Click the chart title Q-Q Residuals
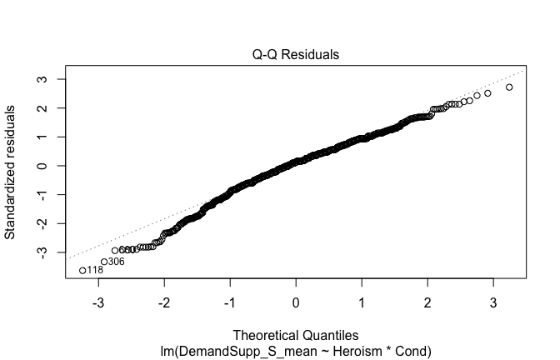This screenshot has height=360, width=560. (296, 54)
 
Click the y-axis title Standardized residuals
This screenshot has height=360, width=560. (12, 172)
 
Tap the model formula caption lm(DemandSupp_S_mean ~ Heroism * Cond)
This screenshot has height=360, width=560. (296, 347)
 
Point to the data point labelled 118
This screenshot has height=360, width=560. (82, 270)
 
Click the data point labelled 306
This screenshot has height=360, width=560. (104, 262)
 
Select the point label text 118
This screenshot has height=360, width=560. (95, 271)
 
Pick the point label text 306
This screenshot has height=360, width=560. (117, 262)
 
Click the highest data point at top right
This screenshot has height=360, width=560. (509, 87)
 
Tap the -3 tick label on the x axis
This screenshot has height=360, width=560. (97, 300)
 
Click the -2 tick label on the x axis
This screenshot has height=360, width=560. (163, 300)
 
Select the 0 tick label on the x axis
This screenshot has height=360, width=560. (296, 300)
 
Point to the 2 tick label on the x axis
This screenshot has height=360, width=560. (427, 300)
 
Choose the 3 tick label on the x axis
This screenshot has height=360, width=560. (492, 300)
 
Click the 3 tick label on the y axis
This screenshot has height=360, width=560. (39, 79)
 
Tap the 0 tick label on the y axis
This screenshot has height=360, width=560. (39, 166)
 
